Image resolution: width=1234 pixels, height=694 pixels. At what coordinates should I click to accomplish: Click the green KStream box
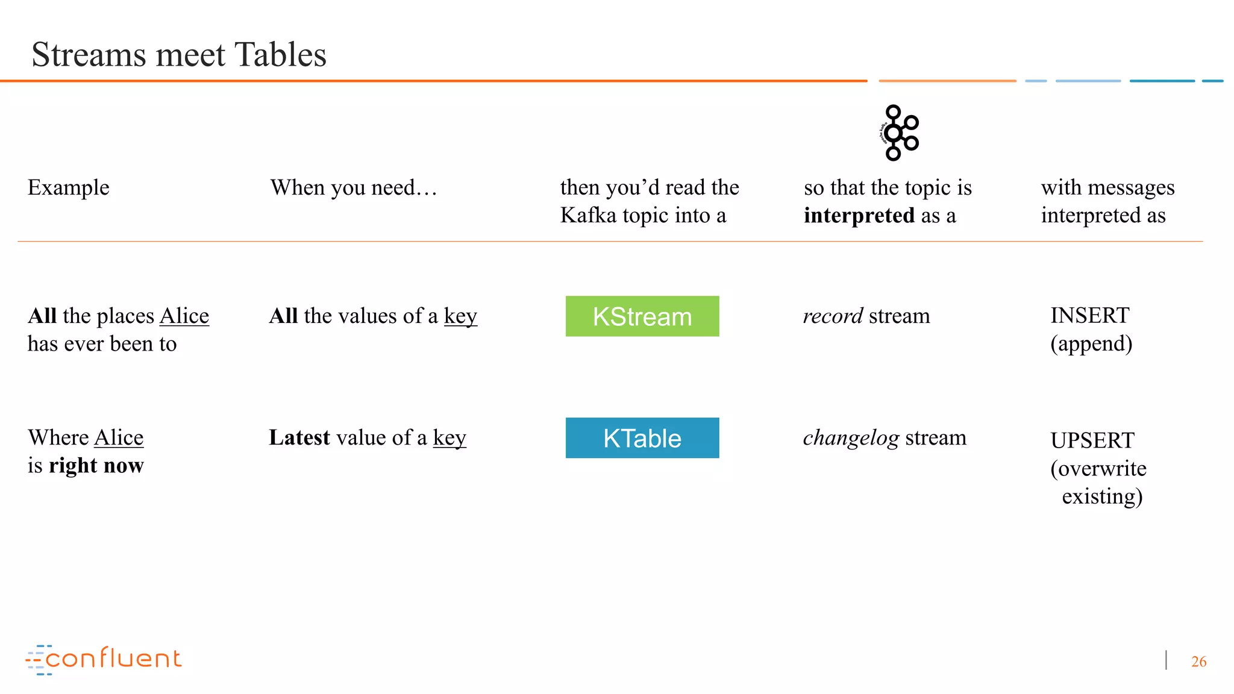click(x=642, y=316)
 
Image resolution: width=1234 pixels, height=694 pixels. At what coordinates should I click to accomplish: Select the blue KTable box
click(x=642, y=438)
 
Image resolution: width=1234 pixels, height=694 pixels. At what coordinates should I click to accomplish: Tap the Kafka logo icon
click(x=898, y=133)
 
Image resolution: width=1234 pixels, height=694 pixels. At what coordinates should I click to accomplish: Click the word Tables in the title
click(x=280, y=55)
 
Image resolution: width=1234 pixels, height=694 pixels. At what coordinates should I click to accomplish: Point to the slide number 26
click(x=1198, y=661)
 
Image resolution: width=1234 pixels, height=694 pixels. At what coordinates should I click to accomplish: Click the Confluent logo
click(x=104, y=659)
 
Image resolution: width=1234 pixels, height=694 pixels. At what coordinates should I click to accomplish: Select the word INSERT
click(x=1089, y=315)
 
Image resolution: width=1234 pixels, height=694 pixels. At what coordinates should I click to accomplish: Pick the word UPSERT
click(x=1092, y=440)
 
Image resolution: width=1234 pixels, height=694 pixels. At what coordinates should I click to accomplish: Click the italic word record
click(x=833, y=316)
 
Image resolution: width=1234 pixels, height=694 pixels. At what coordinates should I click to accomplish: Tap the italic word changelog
click(x=851, y=437)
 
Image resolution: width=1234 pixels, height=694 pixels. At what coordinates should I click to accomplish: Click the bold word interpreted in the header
click(x=859, y=215)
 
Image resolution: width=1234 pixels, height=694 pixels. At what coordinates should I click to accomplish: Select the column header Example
click(x=69, y=187)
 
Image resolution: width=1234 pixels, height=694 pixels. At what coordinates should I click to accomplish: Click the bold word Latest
click(x=299, y=437)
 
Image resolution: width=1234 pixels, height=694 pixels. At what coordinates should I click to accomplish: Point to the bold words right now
click(x=96, y=465)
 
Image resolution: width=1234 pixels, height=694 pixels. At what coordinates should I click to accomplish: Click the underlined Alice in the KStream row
click(x=184, y=316)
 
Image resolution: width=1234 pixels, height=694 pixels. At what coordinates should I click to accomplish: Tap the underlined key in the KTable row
click(x=449, y=439)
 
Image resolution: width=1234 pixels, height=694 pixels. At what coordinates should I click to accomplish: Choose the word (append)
click(x=1091, y=343)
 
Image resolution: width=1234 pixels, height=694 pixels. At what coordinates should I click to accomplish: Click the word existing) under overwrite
click(x=1101, y=496)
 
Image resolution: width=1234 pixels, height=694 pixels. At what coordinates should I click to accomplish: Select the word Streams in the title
click(x=89, y=55)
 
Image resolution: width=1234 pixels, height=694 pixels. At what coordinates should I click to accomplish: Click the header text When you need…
click(x=353, y=187)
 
